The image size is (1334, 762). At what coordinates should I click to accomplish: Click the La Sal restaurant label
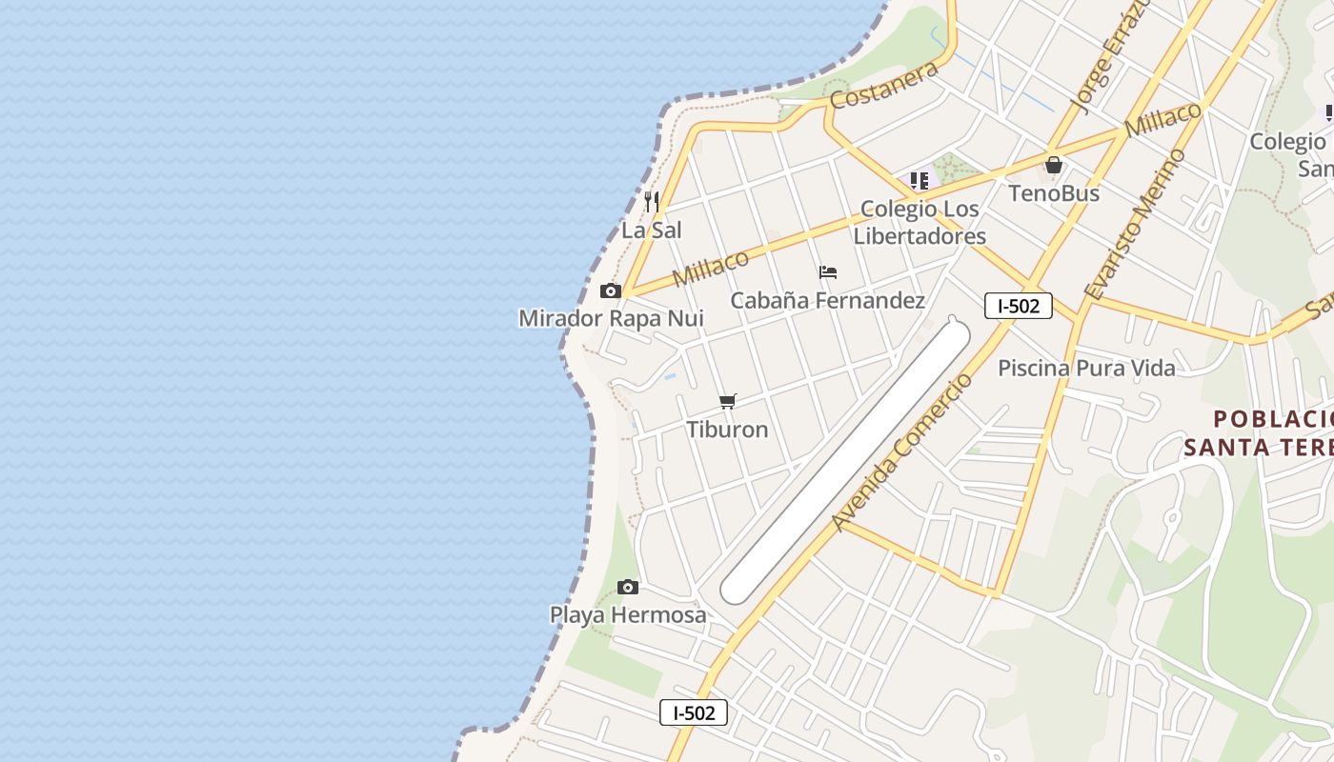coord(652,230)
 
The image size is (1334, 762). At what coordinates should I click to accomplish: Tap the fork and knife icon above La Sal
coord(652,201)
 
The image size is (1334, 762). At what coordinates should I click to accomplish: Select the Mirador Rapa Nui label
coord(611,318)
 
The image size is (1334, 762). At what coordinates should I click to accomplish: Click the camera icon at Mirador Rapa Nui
coord(611,291)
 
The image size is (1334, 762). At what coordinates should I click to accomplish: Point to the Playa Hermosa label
coord(628,614)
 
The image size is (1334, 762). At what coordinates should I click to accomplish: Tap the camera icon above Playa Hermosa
coord(627,587)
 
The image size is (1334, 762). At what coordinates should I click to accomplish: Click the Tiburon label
coord(727,429)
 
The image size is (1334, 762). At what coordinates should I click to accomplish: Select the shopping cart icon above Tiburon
coord(728,401)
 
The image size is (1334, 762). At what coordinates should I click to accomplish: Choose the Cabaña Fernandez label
coord(827,300)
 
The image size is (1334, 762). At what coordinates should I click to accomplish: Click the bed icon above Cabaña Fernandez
coord(828,272)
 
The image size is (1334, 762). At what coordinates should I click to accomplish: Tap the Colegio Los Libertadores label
coord(920,222)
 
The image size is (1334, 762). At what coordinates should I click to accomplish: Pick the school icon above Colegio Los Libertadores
coord(920,180)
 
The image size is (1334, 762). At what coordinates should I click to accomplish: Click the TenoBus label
coord(1054,193)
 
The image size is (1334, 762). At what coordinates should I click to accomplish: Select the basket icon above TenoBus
coord(1054,166)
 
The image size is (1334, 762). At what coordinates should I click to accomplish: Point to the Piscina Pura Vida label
coord(1086,368)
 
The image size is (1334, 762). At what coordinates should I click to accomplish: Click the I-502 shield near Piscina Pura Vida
coord(1018,306)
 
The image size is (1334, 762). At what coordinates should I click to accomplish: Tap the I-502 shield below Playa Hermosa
coord(694,712)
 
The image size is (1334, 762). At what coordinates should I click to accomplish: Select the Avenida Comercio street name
coord(901,452)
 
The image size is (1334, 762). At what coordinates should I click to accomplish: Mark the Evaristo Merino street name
coord(1135,225)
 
